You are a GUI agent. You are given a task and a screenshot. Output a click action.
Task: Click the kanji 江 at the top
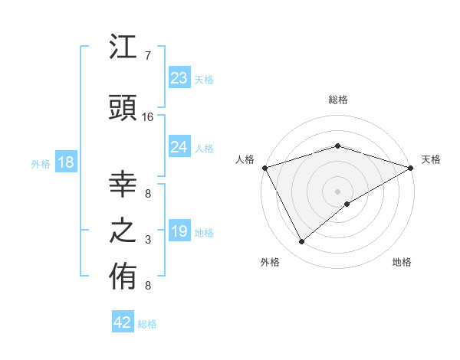pyautogui.click(x=123, y=50)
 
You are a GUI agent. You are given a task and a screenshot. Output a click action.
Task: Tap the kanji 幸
pyautogui.click(x=123, y=184)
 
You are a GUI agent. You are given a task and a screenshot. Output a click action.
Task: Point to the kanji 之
pyautogui.click(x=123, y=232)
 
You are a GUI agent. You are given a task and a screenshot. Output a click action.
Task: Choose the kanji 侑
pyautogui.click(x=123, y=279)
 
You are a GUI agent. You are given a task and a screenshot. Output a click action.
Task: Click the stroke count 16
pyautogui.click(x=148, y=117)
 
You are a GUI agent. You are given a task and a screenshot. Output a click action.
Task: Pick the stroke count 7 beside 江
pyautogui.click(x=148, y=56)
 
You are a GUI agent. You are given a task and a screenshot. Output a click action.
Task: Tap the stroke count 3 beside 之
pyautogui.click(x=148, y=240)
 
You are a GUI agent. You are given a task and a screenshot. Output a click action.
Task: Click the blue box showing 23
pyautogui.click(x=179, y=78)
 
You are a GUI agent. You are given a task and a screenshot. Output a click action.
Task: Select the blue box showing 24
pyautogui.click(x=179, y=147)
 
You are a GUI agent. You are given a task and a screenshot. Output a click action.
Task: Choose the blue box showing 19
pyautogui.click(x=179, y=231)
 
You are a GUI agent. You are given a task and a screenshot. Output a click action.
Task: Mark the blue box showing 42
pyautogui.click(x=123, y=322)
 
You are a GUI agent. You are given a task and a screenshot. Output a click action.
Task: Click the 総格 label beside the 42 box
pyautogui.click(x=147, y=324)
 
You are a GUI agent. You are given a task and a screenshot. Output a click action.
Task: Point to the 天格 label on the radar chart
pyautogui.click(x=431, y=159)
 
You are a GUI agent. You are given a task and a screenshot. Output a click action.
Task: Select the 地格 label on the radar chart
pyautogui.click(x=402, y=263)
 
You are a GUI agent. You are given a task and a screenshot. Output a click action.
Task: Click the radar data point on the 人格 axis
pyautogui.click(x=264, y=167)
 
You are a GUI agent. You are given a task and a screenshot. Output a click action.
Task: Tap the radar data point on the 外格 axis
pyautogui.click(x=302, y=241)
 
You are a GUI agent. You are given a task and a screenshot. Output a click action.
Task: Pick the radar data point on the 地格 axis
pyautogui.click(x=347, y=204)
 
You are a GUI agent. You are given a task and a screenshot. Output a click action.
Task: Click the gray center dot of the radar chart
pyautogui.click(x=337, y=190)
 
